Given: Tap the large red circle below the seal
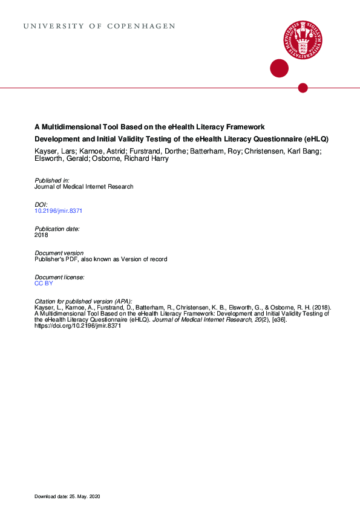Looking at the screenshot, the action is [279, 68].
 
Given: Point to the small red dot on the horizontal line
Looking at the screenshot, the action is [303, 88].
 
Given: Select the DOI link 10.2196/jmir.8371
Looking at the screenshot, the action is [58, 211].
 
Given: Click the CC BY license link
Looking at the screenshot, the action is [44, 283].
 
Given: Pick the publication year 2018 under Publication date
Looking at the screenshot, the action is [42, 235].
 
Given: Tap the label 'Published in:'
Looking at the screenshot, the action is [52, 181].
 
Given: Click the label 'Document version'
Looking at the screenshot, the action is [59, 253].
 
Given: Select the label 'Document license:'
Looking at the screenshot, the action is [59, 277].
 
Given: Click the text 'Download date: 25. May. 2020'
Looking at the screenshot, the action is [67, 496].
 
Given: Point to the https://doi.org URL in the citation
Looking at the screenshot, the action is [78, 325].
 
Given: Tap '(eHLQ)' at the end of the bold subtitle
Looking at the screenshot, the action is [316, 139].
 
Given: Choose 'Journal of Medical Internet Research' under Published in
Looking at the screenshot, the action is [84, 187].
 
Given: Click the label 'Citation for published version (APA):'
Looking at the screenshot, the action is [83, 301].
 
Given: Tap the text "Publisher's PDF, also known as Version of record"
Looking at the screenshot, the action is [101, 259].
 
